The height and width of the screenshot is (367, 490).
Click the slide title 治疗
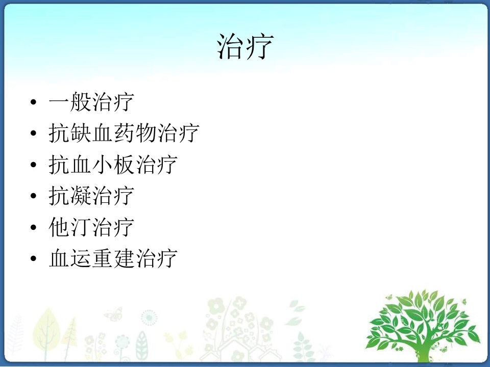[x=246, y=46]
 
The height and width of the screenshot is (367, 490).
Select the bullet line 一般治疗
[x=91, y=102]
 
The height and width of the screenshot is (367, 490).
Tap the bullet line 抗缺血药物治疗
[x=124, y=133]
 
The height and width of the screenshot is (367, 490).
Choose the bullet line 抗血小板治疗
[x=113, y=165]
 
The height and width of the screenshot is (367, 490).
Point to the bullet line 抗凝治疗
[x=91, y=196]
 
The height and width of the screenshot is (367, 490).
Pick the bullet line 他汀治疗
[x=91, y=227]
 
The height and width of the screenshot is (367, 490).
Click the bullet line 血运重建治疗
[x=113, y=258]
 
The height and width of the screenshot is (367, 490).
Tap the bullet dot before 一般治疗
[x=34, y=102]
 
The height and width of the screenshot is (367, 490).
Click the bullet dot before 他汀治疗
[x=34, y=227]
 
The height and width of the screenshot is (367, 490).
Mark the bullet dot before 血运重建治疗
[x=34, y=258]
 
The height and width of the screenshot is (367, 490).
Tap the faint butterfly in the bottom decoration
[x=113, y=314]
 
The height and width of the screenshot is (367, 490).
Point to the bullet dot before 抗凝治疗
[x=34, y=196]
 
